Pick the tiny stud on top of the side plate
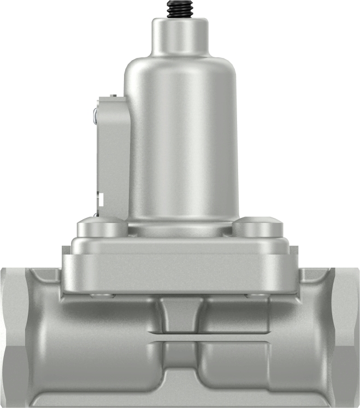pyautogui.click(x=115, y=96)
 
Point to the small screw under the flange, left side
pyautogui.click(x=101, y=295)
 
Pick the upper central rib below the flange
pyautogui.click(x=180, y=314)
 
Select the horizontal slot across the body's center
pyautogui.click(x=180, y=337)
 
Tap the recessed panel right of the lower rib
pyautogui.click(x=235, y=363)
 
